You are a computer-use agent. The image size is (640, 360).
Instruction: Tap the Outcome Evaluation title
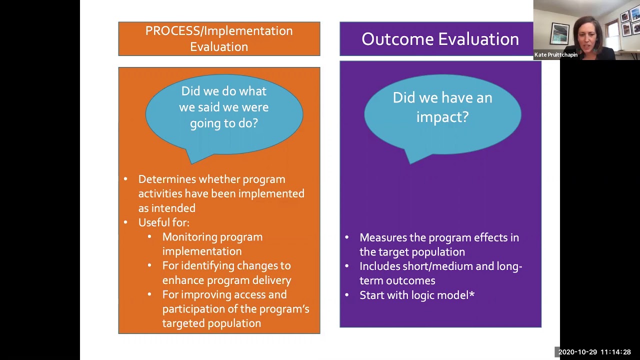tap(440, 39)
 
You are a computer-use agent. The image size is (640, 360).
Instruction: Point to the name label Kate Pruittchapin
tap(555, 55)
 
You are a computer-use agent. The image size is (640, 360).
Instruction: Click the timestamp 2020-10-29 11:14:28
tap(594, 352)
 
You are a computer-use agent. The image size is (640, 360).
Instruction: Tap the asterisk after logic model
tap(472, 294)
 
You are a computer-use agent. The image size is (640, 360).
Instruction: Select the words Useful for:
tap(163, 222)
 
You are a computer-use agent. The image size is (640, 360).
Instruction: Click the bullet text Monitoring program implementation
tap(212, 244)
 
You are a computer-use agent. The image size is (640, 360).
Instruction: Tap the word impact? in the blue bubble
tap(442, 117)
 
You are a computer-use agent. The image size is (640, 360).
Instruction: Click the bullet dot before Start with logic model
tap(347, 295)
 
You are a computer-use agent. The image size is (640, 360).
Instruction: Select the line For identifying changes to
tap(226, 265)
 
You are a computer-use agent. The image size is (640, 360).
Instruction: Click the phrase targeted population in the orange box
tap(211, 323)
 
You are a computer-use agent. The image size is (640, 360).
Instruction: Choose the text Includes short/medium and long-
tap(440, 266)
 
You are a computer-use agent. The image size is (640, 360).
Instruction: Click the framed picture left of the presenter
tap(559, 33)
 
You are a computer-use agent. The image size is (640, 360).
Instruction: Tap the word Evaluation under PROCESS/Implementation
tap(219, 46)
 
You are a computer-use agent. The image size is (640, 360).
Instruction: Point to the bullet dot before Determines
tap(125, 179)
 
